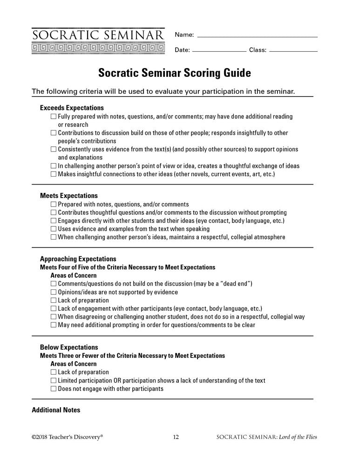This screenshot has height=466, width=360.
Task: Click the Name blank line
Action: click(x=257, y=36)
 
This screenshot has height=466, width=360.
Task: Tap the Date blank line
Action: click(x=219, y=51)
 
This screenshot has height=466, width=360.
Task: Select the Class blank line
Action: click(x=293, y=51)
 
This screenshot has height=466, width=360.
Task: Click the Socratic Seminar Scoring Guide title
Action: click(x=174, y=73)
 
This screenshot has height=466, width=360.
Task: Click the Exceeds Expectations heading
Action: click(x=72, y=108)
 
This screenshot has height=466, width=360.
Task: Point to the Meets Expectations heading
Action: click(x=69, y=196)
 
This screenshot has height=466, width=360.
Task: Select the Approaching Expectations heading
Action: click(x=78, y=259)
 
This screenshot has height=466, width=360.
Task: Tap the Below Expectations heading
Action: click(x=69, y=347)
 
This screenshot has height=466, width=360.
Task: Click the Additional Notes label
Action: click(x=56, y=410)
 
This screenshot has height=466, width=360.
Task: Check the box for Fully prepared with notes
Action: click(x=54, y=116)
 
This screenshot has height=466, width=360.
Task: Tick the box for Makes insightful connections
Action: click(x=54, y=174)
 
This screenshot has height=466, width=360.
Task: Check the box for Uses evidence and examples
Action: click(x=54, y=229)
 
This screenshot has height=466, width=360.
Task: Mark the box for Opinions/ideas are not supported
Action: click(x=54, y=292)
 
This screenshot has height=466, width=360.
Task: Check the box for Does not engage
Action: click(x=54, y=389)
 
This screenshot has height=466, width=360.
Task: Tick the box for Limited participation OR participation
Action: click(x=54, y=381)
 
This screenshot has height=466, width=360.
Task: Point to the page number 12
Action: click(x=176, y=437)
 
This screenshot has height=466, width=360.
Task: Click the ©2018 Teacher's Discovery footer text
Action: click(x=67, y=437)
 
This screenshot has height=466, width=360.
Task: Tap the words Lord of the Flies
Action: click(x=306, y=437)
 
